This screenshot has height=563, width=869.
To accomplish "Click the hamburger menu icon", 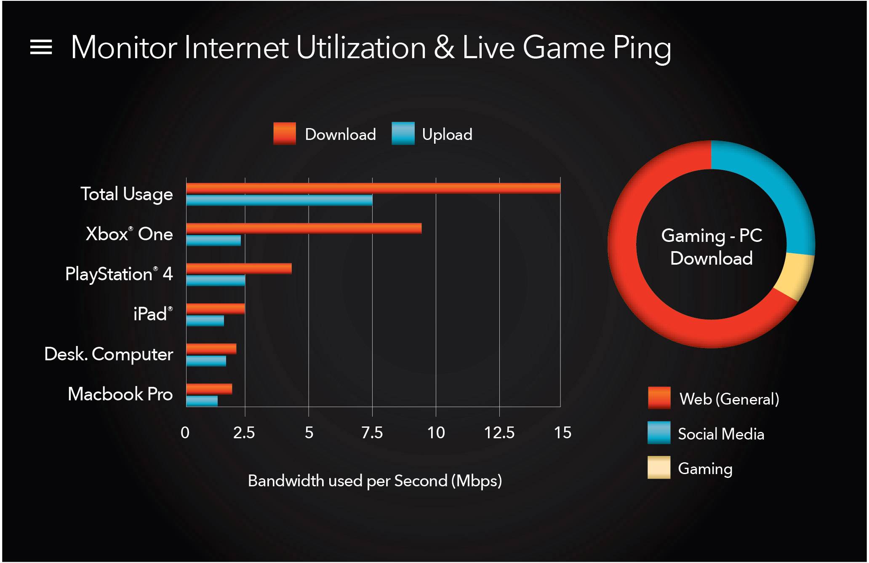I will pos(41,47).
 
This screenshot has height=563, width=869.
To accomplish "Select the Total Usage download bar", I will pos(373,188).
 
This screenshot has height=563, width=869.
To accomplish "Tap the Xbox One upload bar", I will pos(213,241).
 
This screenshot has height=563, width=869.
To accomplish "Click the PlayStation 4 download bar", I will pos(239,268).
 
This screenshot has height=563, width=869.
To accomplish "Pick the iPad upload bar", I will pos(205,321).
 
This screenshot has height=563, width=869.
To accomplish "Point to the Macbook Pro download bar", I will pos(209,389).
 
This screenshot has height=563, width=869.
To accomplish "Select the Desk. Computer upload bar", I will pos(206,361).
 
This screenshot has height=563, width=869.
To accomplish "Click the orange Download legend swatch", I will pos(285,134).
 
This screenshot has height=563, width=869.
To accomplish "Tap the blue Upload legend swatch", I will pos(403,134).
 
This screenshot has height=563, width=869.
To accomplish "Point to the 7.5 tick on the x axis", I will pos(372,433).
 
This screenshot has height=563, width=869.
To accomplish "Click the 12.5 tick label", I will pos(499,433).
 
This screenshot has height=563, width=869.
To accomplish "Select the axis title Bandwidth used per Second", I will pos(375,481).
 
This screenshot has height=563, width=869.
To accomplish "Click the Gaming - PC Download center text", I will pos(712,247).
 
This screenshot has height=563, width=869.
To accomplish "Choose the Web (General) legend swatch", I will pos(659,398).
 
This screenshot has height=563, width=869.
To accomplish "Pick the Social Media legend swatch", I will pos(659,433).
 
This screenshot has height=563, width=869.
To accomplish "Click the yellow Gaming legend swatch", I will pos(659,468).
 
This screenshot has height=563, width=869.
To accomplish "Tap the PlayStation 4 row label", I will pos(119,274).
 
